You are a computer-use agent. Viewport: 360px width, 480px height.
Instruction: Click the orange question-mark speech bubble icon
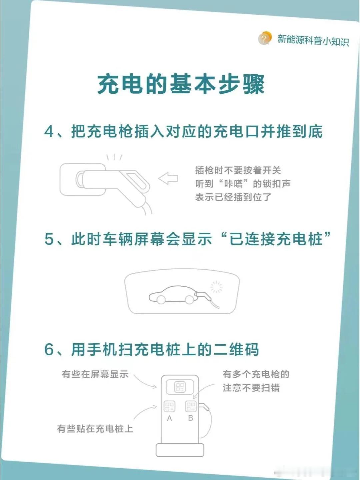[x=265, y=38]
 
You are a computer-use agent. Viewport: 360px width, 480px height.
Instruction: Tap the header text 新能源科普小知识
[x=313, y=40]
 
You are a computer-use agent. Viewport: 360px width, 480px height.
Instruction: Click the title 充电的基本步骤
[x=181, y=85]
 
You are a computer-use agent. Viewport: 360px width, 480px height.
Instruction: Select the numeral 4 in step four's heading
[x=49, y=132]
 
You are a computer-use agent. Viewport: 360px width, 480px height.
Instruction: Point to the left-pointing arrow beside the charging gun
[x=168, y=178]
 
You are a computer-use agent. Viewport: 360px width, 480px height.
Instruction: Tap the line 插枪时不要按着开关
[x=238, y=170]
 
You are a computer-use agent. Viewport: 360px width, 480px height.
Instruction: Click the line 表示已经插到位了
[x=233, y=197]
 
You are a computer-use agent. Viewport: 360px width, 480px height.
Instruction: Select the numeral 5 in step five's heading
[x=49, y=239]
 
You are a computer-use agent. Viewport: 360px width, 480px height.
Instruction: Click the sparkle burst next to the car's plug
[x=216, y=287]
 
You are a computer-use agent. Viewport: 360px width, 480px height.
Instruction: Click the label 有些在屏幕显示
[x=95, y=374]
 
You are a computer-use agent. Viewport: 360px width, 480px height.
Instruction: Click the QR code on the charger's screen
[x=180, y=387]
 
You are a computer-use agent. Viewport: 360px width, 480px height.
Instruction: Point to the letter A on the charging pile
[x=169, y=418]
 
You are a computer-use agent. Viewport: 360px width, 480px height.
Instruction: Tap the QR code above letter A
[x=169, y=406]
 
